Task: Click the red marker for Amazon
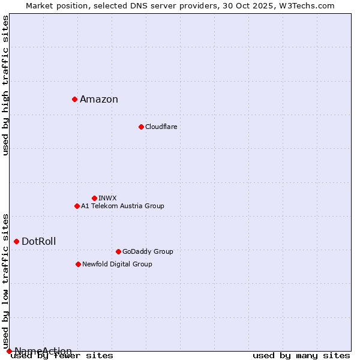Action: [74, 99]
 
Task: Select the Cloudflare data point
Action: [141, 127]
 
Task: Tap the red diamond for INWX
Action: [94, 198]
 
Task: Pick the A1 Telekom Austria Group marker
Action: [77, 206]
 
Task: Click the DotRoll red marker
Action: [16, 241]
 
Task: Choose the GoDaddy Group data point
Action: [118, 251]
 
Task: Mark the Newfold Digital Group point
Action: [78, 264]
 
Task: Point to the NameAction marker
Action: [9, 351]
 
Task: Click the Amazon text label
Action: [99, 100]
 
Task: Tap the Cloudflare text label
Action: [161, 127]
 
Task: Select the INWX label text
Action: [107, 198]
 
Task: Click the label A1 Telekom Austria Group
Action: [122, 206]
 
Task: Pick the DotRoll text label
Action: [39, 242]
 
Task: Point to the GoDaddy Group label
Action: [148, 251]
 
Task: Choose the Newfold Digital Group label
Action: [117, 264]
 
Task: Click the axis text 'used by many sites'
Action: [301, 355]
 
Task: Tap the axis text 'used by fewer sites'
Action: [62, 355]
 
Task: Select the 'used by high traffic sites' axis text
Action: [6, 85]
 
